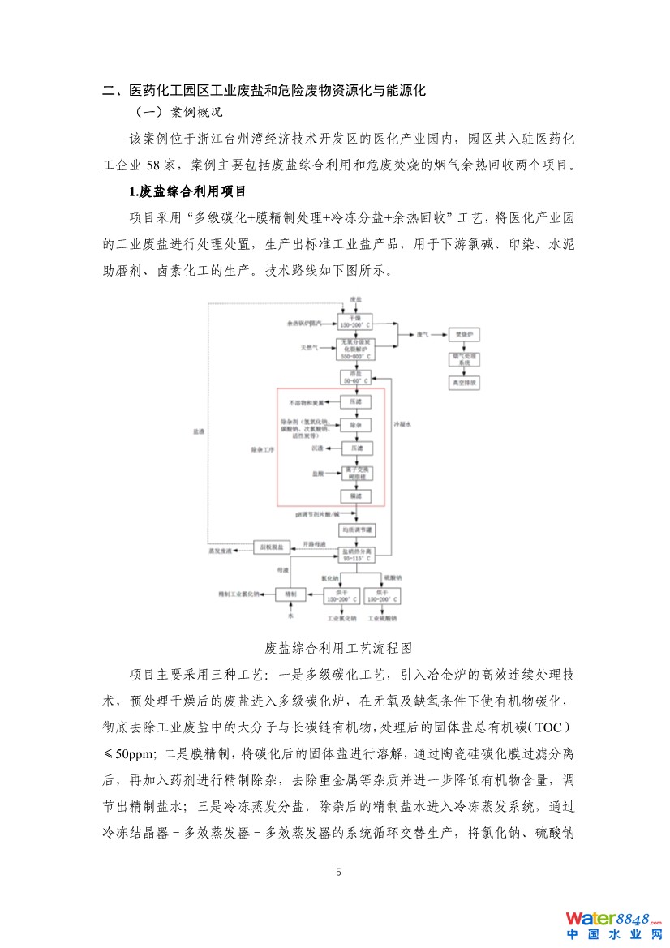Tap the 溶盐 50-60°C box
pyautogui.click(x=354, y=377)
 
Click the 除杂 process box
pyautogui.click(x=354, y=424)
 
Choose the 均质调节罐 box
pyautogui.click(x=357, y=529)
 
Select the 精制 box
pyautogui.click(x=290, y=594)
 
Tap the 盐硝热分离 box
pyautogui.click(x=358, y=555)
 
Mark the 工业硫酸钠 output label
pyautogui.click(x=382, y=619)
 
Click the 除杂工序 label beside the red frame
pyautogui.click(x=261, y=448)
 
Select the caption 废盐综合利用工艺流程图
pyautogui.click(x=339, y=648)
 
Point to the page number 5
pyautogui.click(x=339, y=873)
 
